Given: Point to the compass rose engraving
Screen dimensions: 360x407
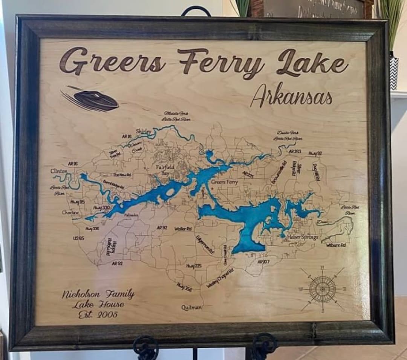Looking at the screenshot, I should point(322,289).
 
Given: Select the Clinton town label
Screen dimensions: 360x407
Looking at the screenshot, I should point(59,171).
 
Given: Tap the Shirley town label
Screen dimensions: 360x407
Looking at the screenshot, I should point(144,131).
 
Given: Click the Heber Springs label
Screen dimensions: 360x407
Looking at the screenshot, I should point(303,237).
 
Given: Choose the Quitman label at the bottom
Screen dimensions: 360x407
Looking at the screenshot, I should point(191,307).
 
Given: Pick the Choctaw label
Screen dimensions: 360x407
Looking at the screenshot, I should point(70,213).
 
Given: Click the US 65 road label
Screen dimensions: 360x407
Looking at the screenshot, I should point(79,238).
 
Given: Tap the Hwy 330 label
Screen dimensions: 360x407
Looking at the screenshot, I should point(101,208).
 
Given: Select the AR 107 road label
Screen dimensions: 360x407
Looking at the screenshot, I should point(263,261).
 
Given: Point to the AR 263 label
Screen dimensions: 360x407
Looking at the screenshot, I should point(295,151).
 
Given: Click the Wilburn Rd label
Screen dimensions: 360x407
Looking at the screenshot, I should point(336,245).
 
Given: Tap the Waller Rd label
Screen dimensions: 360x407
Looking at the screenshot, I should point(183,228).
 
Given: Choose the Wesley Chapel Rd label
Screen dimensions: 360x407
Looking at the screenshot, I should point(220,278).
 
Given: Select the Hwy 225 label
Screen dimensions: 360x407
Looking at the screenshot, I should point(194,266).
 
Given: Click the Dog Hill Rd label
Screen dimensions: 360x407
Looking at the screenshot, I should point(316,172).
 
